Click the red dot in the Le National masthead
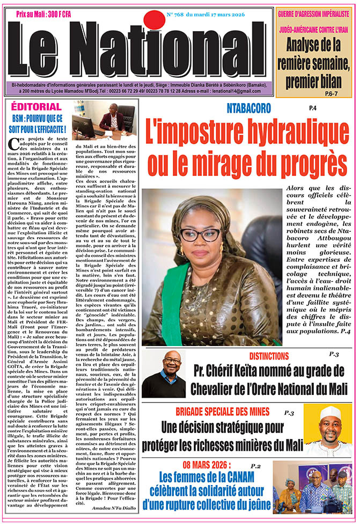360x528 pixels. [155, 20]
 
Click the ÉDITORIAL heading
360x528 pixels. [36, 106]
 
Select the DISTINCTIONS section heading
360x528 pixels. [277, 356]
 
